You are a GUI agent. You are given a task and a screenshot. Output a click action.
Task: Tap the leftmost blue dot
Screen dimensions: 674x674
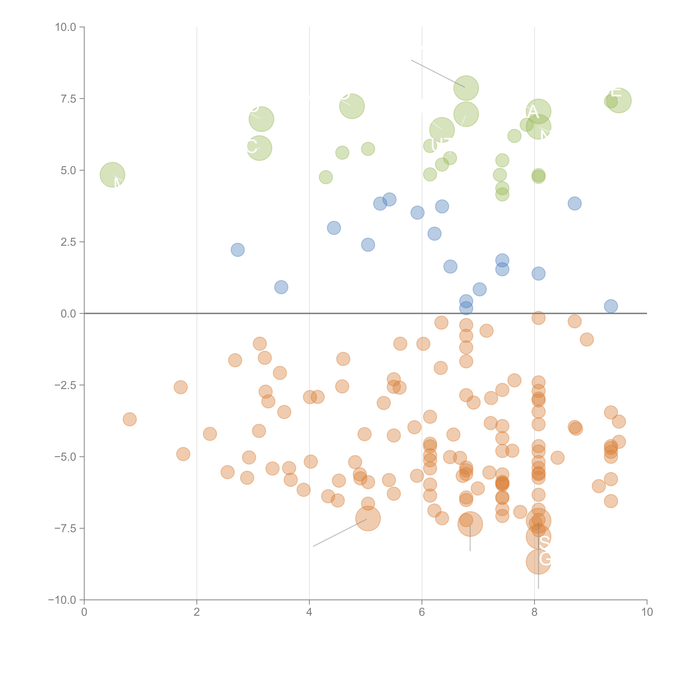click(238, 250)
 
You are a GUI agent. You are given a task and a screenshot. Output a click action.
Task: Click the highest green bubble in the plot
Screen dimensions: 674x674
click(466, 88)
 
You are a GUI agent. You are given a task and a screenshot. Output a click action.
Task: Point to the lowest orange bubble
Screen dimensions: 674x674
click(538, 562)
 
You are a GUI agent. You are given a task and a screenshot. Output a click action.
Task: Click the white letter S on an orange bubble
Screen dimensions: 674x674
click(544, 542)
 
